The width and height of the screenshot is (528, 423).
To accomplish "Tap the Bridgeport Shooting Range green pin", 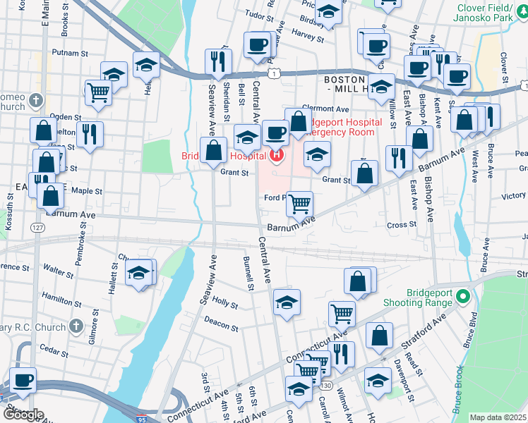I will (463, 296).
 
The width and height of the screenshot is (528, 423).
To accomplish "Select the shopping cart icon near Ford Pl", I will (301, 204).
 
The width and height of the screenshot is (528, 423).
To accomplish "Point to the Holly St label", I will (225, 302).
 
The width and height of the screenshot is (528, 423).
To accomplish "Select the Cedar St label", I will (53, 348).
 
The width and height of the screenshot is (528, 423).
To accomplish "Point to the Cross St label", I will (402, 225).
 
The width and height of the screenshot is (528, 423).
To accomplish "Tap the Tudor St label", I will (258, 13).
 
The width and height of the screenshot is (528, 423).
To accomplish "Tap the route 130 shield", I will (325, 386).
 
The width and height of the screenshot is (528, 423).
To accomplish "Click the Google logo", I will (23, 415).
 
